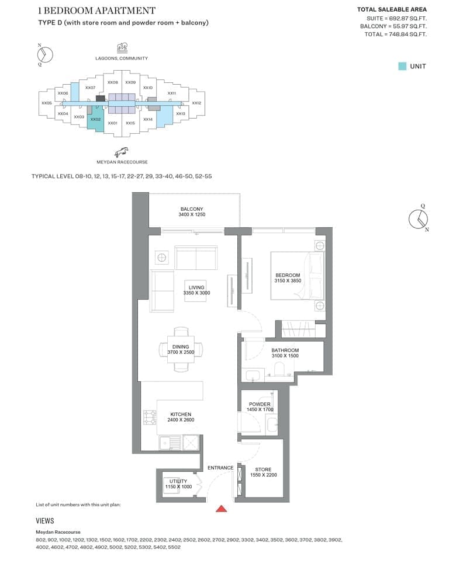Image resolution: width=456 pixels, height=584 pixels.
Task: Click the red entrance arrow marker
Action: pos(222,509)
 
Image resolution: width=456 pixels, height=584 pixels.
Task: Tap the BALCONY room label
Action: pos(192,209)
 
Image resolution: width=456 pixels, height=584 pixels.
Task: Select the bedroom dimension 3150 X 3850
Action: pos(288,281)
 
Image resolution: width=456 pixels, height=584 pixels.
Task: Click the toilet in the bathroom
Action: pos(279,370)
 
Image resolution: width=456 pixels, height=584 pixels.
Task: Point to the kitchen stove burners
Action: pos(150,417)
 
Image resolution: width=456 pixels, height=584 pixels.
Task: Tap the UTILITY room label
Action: pos(178,481)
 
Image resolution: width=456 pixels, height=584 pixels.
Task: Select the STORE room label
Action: pos(263,470)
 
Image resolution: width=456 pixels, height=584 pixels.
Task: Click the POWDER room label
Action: pos(260,404)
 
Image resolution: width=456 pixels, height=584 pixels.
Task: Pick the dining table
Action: pos(181,349)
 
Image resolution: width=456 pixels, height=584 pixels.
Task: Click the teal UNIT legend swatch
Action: pos(402,67)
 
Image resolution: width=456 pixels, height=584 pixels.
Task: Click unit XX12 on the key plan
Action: pos(196,103)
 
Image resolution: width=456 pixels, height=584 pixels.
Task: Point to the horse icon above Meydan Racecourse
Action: pos(122,152)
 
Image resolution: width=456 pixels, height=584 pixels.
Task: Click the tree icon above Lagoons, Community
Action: pos(122,47)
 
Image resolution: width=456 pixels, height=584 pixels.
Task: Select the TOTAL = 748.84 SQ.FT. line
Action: pos(396,34)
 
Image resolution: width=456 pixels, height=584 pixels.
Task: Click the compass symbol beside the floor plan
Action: pos(419,219)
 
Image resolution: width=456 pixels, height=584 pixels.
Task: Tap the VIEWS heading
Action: pos(45,521)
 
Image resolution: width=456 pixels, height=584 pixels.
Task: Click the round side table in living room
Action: pos(161,258)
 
